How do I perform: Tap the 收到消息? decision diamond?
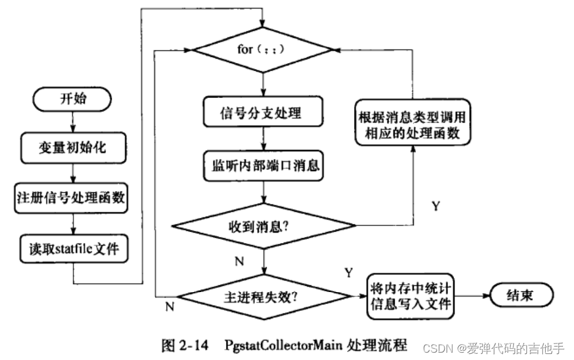(x=263, y=227)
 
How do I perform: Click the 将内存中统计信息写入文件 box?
(x=410, y=296)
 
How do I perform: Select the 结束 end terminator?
(x=519, y=296)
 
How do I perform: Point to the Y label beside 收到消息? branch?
(x=436, y=206)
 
